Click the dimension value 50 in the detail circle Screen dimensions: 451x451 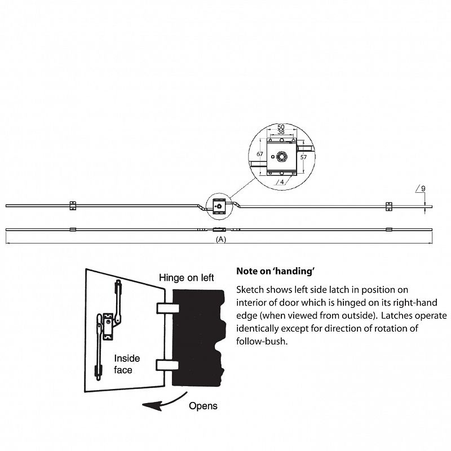click(x=281, y=126)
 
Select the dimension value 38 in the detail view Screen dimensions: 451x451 click(x=281, y=132)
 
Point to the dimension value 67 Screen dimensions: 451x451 click(x=260, y=154)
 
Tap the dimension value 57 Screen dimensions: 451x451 click(x=303, y=157)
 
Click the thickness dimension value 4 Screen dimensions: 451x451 click(x=282, y=182)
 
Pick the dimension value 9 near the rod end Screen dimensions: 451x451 click(x=423, y=189)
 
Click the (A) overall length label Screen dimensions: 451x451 click(x=221, y=239)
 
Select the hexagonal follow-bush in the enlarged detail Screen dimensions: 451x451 click(x=281, y=157)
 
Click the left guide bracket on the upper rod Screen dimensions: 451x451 click(x=73, y=205)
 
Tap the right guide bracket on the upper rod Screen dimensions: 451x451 click(x=389, y=206)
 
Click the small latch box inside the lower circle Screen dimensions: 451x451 click(x=219, y=206)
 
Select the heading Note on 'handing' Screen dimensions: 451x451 click(x=275, y=271)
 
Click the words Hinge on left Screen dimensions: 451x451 click(x=187, y=278)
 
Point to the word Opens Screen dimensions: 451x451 click(x=203, y=406)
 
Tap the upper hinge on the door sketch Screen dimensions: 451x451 click(x=168, y=308)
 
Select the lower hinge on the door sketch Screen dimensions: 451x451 click(x=167, y=365)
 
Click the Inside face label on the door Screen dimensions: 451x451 click(x=127, y=364)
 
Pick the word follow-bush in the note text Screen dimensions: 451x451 click(x=262, y=342)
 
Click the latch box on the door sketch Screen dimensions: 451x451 click(x=108, y=326)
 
